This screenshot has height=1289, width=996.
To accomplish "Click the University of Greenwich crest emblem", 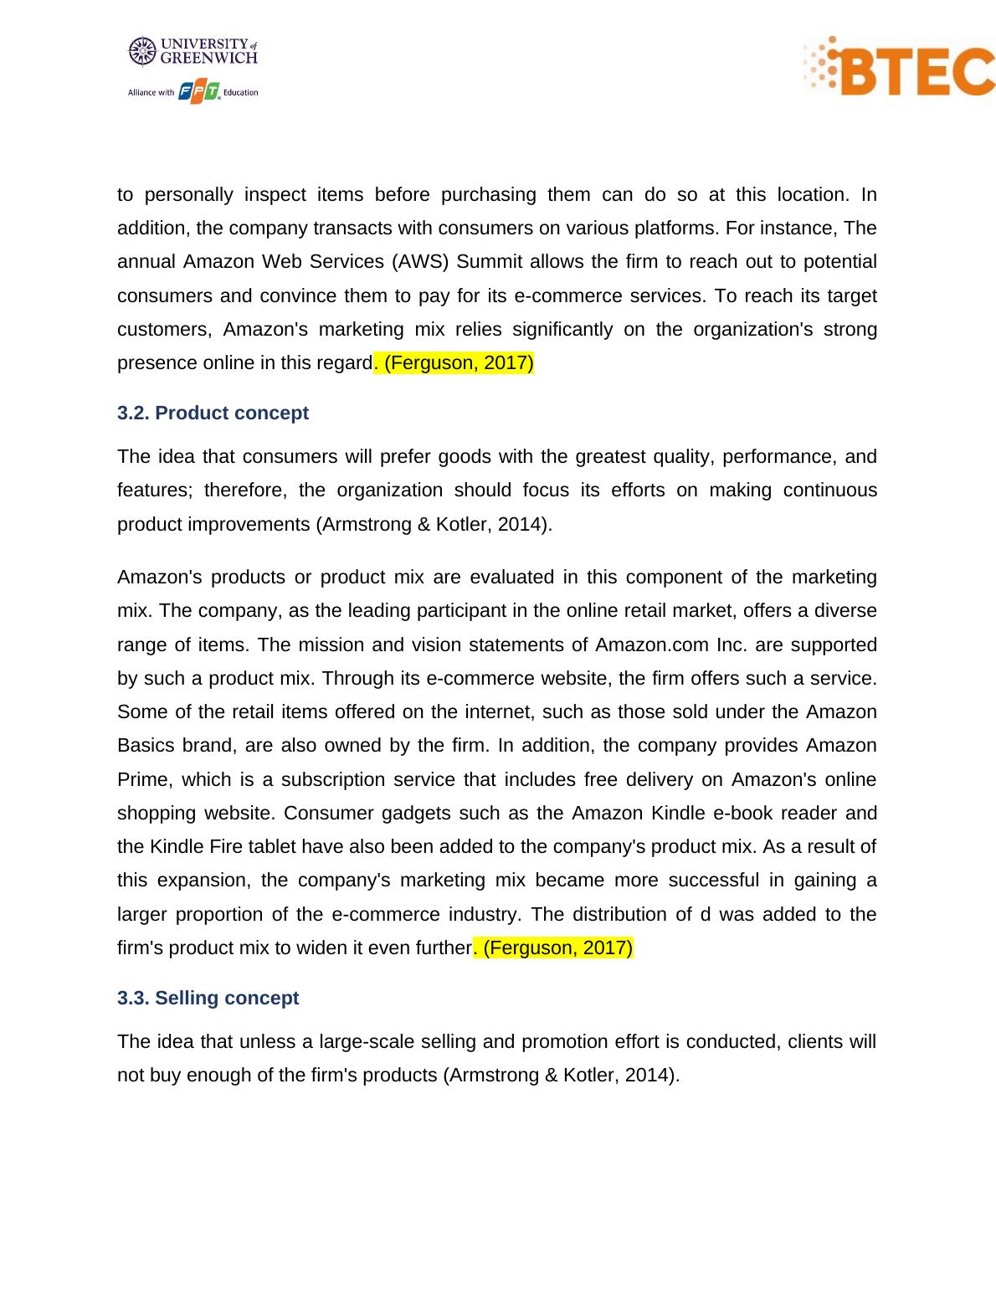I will click(142, 51).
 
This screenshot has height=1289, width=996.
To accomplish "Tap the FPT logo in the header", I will click(199, 92).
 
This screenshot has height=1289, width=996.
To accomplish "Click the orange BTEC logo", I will click(900, 66).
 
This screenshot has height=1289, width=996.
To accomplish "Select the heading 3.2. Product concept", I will click(213, 413).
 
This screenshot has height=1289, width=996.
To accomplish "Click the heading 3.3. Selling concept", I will click(208, 999).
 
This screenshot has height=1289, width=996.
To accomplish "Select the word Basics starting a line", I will click(144, 746).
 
